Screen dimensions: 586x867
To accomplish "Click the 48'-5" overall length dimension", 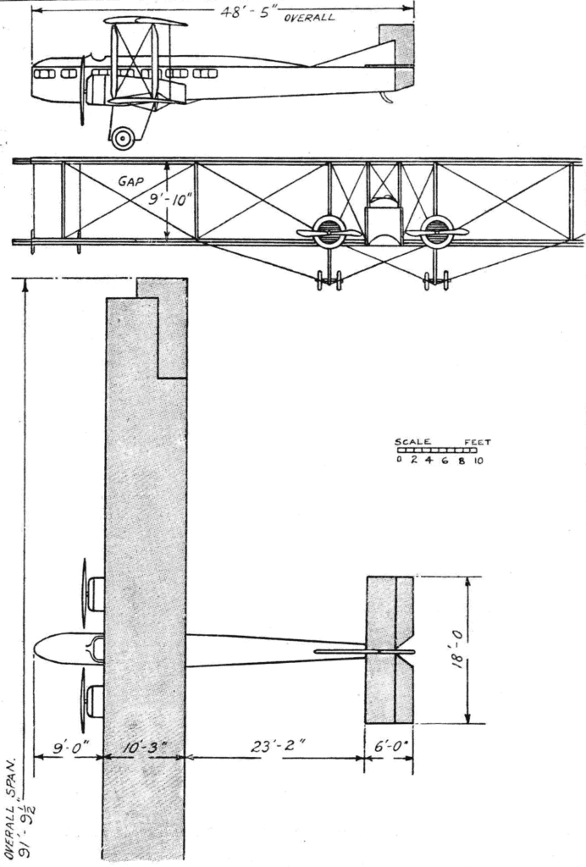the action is (x=247, y=12).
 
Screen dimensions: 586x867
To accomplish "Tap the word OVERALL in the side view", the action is (x=309, y=17).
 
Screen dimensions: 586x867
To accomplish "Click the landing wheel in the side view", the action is (x=123, y=138).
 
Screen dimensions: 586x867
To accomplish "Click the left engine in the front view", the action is (x=329, y=231).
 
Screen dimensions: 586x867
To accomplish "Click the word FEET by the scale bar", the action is (x=477, y=442).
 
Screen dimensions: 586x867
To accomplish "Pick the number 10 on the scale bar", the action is (x=478, y=461).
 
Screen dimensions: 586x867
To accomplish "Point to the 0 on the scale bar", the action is (x=399, y=461).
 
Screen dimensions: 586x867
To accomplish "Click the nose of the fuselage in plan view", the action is (x=36, y=648).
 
